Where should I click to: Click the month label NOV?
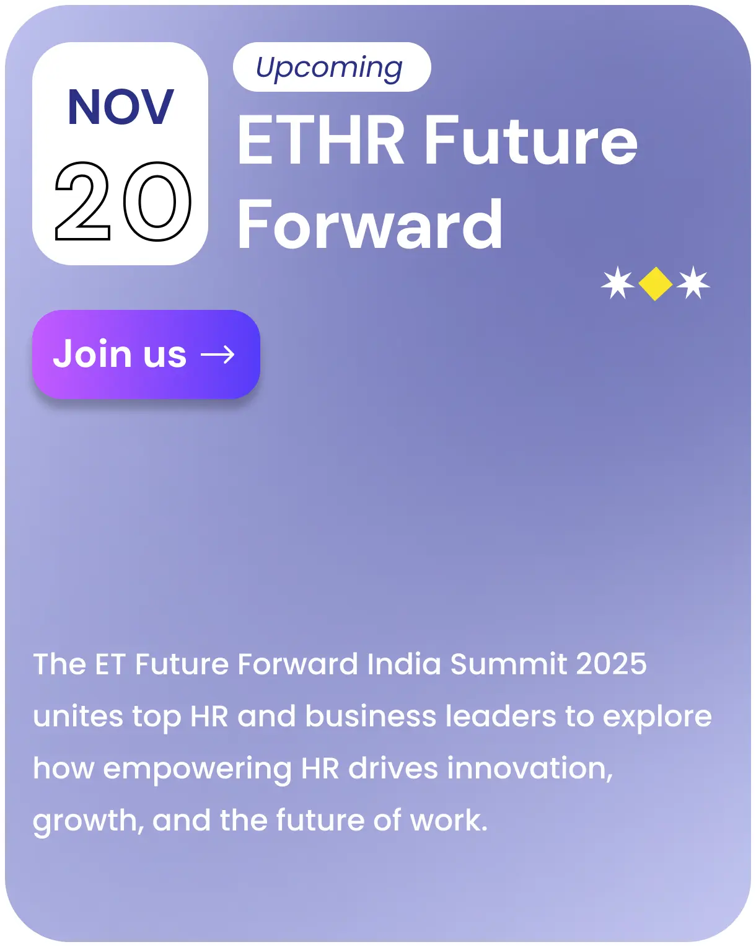(x=120, y=107)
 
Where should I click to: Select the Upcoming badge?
(x=331, y=67)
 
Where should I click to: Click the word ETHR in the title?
(x=321, y=141)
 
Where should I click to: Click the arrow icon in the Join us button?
(x=218, y=355)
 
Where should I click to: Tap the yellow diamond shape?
(x=655, y=284)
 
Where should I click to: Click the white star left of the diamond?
(x=618, y=283)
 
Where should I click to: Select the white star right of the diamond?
(x=693, y=283)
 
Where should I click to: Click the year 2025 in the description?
(x=611, y=664)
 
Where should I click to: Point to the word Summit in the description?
(x=508, y=664)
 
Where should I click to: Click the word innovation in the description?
(x=530, y=769)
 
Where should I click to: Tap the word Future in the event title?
(x=530, y=141)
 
